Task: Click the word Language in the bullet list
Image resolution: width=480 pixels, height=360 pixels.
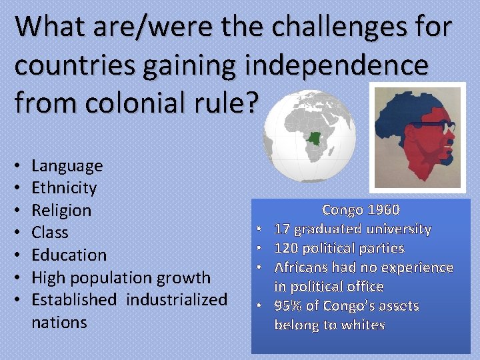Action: tap(67, 165)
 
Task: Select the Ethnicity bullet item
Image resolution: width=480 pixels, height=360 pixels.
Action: tap(64, 188)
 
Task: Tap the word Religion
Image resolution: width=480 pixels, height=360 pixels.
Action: tap(61, 210)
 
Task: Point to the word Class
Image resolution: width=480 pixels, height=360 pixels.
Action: tap(50, 233)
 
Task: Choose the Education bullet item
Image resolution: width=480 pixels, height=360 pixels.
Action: tap(69, 255)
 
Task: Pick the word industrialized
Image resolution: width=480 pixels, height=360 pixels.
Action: tap(177, 299)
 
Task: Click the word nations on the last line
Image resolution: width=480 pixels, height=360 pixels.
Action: tap(59, 322)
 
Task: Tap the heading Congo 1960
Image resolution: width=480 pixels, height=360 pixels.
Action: tap(361, 210)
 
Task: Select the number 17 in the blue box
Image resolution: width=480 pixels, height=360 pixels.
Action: tap(281, 229)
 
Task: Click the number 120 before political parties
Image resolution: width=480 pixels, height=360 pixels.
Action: tap(285, 248)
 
